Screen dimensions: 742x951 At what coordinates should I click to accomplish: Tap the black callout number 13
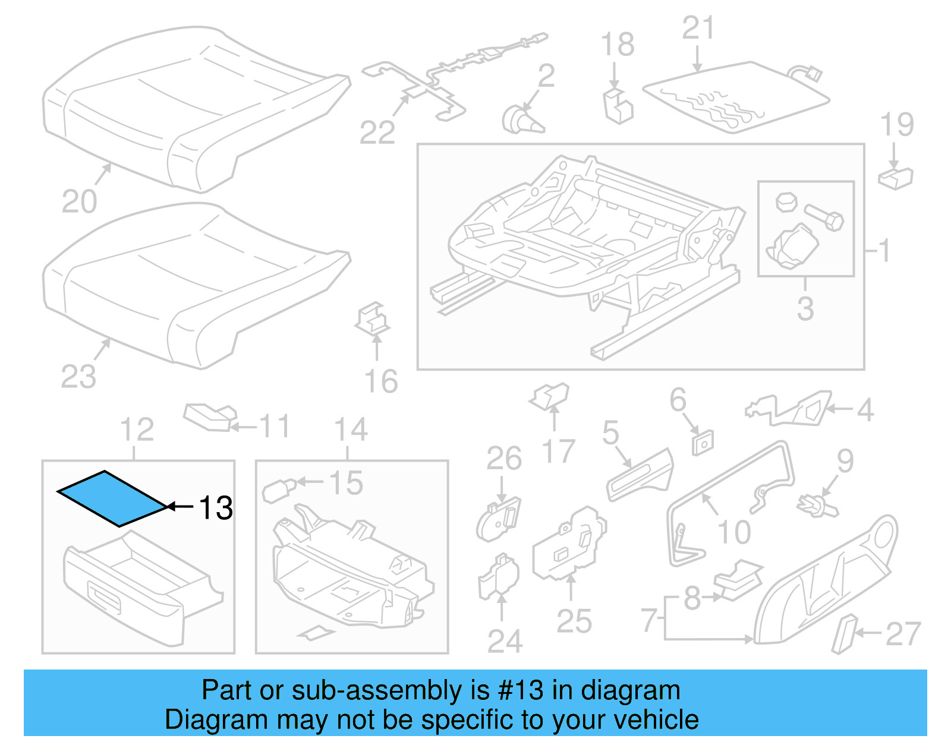[216, 508]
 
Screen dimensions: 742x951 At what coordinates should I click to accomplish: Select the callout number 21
[698, 28]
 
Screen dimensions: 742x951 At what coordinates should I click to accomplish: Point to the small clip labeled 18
[618, 106]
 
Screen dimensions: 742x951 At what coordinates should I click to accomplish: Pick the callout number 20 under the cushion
[79, 201]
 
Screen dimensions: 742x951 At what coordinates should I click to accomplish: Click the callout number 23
[78, 377]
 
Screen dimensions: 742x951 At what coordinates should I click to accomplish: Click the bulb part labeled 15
[277, 490]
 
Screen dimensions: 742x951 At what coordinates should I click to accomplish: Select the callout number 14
[351, 430]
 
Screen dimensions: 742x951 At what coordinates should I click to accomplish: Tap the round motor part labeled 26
[498, 521]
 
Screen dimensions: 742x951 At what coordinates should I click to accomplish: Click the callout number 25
[574, 621]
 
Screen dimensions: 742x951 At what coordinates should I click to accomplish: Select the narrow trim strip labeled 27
[843, 634]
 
